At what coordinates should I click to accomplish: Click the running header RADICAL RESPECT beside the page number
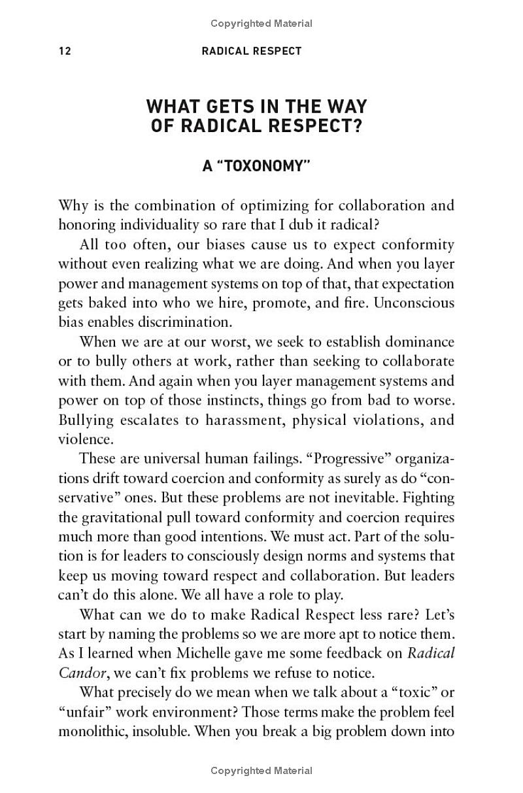click(x=252, y=51)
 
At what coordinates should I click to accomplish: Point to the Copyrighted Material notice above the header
click(x=261, y=24)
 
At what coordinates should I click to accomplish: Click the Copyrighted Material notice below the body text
click(x=261, y=771)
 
